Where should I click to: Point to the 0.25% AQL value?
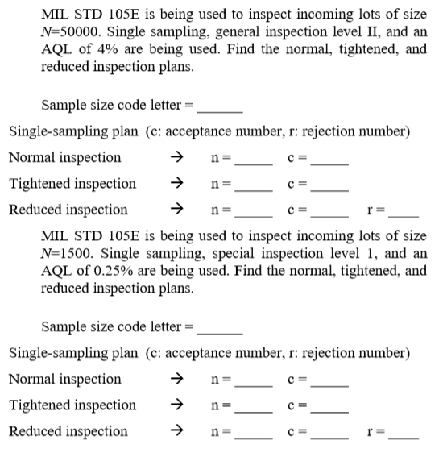point(114,272)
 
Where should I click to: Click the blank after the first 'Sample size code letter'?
point(221,106)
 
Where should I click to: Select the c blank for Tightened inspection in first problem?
point(330,185)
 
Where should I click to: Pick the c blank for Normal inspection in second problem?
point(330,380)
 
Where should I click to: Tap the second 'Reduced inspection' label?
point(68,431)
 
